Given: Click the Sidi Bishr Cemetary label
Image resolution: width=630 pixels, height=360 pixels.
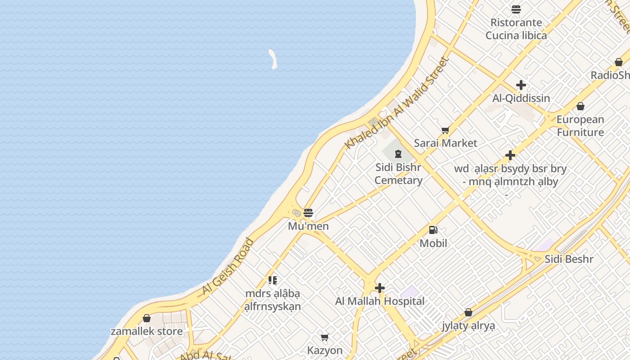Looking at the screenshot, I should [x=398, y=174].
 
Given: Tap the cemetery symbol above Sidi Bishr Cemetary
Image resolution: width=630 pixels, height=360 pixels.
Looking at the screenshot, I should [x=398, y=154].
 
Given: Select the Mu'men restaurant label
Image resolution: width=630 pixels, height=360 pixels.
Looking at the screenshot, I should [x=308, y=226].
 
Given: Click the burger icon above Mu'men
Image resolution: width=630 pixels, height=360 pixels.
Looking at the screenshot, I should [x=308, y=213].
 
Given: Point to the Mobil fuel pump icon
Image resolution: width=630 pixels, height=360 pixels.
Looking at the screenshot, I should [x=433, y=230].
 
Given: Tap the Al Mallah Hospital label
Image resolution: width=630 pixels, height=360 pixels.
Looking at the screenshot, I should [x=380, y=301].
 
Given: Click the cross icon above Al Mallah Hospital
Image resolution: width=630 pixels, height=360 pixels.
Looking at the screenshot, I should [x=380, y=288].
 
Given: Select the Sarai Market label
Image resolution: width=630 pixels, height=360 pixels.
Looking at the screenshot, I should [x=445, y=143].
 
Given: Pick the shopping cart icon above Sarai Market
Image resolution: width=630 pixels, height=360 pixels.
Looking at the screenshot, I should [x=445, y=130].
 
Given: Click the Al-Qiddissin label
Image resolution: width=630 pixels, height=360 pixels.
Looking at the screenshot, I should [x=521, y=98].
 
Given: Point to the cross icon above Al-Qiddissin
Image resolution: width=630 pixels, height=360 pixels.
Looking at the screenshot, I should [x=521, y=85].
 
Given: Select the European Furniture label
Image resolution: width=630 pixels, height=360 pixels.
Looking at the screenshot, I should [x=580, y=126].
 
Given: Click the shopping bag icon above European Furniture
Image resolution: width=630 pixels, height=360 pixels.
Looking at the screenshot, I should [x=580, y=107].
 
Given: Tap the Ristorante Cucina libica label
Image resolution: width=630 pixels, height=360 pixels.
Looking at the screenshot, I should [x=516, y=29].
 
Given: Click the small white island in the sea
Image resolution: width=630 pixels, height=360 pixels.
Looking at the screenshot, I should [x=273, y=59].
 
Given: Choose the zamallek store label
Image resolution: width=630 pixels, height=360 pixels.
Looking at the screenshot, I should [x=147, y=332].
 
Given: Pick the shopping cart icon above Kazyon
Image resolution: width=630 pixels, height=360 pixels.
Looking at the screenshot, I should [x=325, y=337].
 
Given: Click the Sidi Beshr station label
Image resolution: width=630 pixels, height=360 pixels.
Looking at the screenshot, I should [x=569, y=259].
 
